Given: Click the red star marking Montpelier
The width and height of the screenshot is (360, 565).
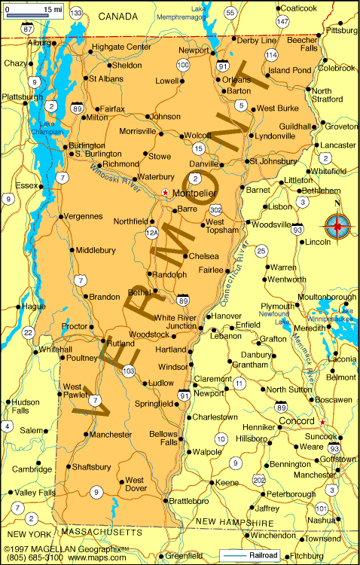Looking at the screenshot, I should [x=166, y=192].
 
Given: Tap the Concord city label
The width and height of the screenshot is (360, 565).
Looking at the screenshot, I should [x=296, y=420].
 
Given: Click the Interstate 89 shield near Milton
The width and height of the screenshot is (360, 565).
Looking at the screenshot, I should [x=78, y=108].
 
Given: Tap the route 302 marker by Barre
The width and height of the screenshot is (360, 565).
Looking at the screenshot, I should [x=216, y=209].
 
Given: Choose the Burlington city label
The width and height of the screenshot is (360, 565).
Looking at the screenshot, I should [x=86, y=145].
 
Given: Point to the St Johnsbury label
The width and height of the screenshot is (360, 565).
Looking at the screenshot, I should [x=273, y=160].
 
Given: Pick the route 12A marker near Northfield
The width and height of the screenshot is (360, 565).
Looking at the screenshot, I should [x=151, y=234].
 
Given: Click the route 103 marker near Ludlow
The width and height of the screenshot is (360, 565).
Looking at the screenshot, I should [x=129, y=371].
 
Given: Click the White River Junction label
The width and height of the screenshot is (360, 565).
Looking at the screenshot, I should [x=175, y=322].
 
